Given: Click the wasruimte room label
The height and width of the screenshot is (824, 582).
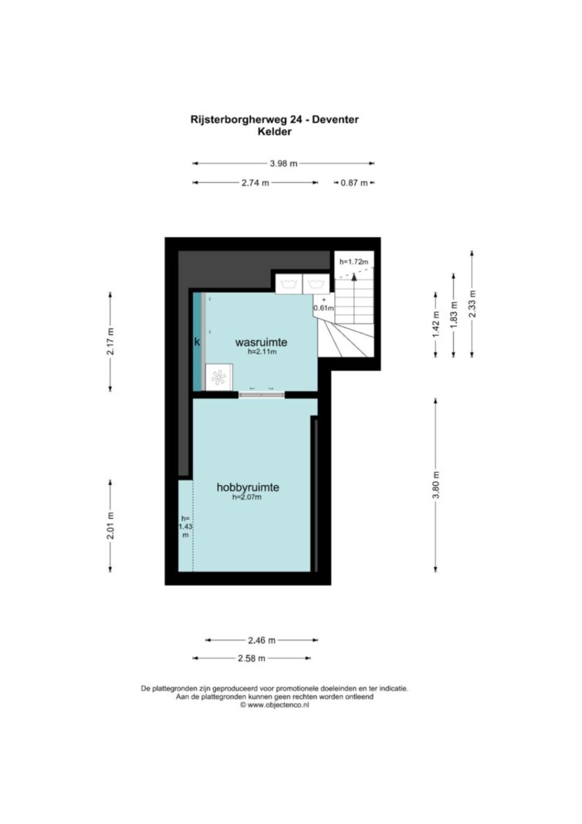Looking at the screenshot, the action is [261, 342].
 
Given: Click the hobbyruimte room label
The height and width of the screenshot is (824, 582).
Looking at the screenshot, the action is [248, 487].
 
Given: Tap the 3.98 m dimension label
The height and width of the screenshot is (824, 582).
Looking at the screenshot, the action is [283, 164].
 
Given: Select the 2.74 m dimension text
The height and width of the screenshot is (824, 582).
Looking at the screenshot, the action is [255, 183].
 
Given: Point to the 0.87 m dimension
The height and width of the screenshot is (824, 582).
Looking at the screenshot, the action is [354, 183].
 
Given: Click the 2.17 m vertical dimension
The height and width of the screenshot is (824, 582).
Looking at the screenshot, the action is [110, 341].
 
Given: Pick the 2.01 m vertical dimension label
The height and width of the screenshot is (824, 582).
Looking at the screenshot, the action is [110, 525].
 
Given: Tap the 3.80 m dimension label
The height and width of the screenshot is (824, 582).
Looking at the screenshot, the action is [435, 485].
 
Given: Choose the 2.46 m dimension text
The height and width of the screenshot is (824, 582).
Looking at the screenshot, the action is [262, 640].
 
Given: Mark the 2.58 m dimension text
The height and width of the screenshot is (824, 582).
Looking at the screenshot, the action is [252, 658].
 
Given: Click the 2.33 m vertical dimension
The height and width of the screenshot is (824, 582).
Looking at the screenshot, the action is [472, 303].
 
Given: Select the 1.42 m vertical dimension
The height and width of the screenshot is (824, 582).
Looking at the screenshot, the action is [435, 325].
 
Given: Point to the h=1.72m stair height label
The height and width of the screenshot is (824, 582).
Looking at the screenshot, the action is [354, 261].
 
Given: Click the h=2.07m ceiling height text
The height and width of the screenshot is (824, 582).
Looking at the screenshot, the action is [247, 497].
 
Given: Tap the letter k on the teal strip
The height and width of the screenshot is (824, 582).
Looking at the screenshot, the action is [197, 342].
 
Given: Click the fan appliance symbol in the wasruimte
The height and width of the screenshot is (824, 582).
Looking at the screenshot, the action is [218, 377].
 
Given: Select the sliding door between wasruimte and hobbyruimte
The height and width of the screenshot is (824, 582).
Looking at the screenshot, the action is [262, 395].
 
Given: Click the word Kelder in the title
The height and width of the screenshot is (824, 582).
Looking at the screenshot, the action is [274, 131].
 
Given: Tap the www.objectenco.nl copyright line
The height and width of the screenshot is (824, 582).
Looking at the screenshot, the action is [274, 705].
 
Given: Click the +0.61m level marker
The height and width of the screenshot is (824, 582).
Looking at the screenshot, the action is [323, 304].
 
